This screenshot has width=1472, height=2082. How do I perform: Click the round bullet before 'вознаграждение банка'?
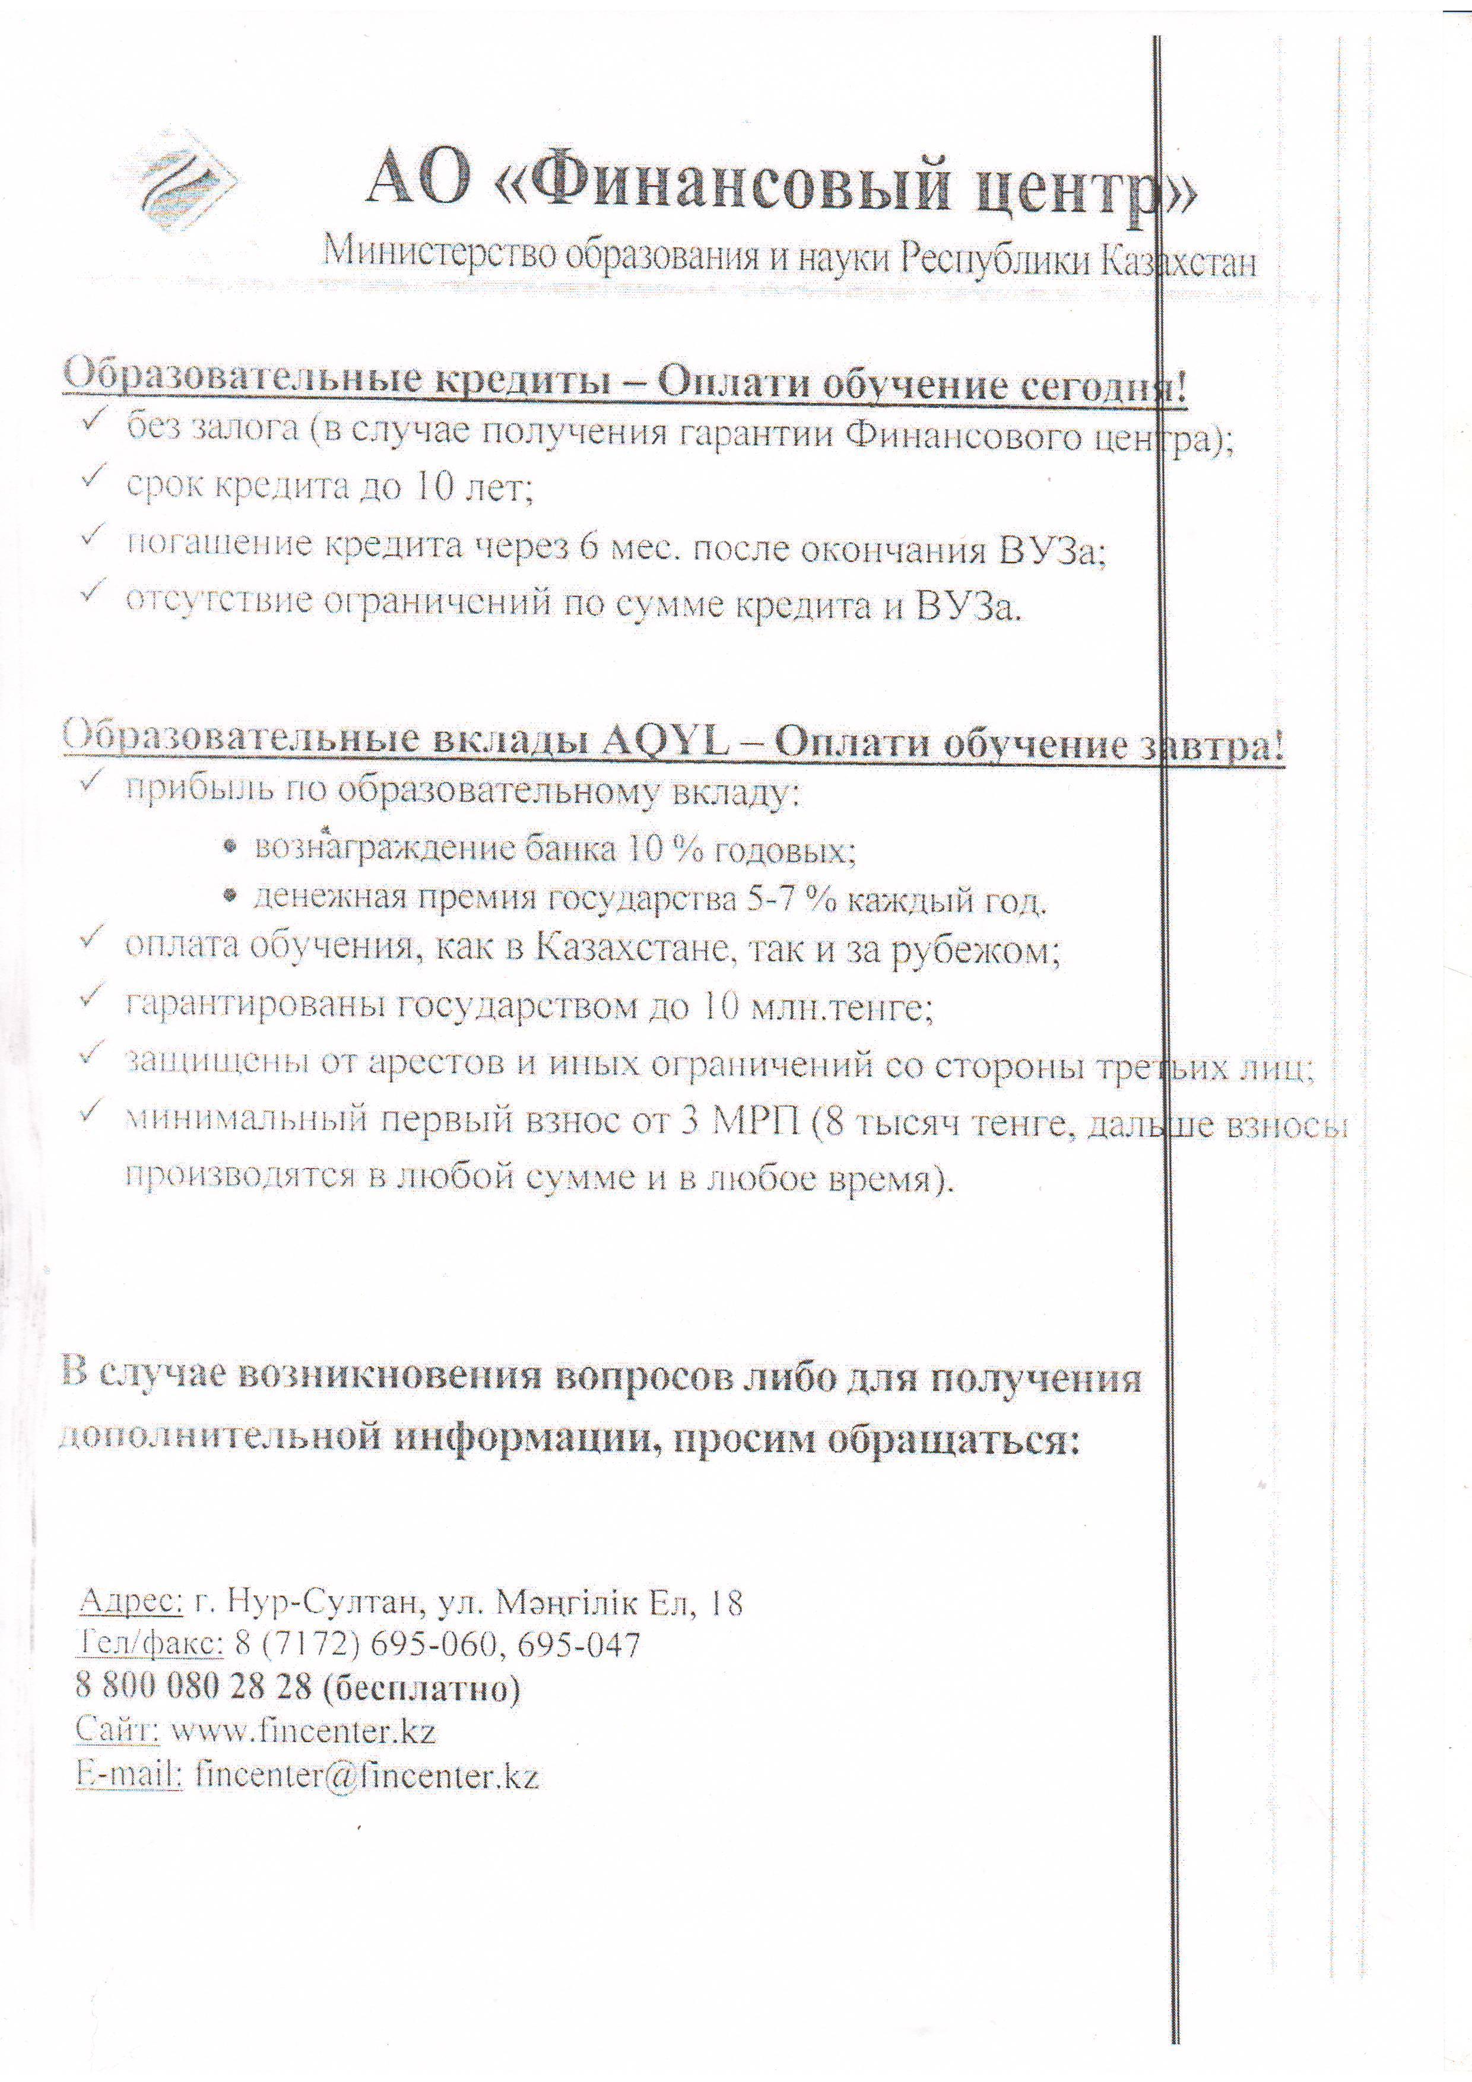pyautogui.click(x=231, y=846)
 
